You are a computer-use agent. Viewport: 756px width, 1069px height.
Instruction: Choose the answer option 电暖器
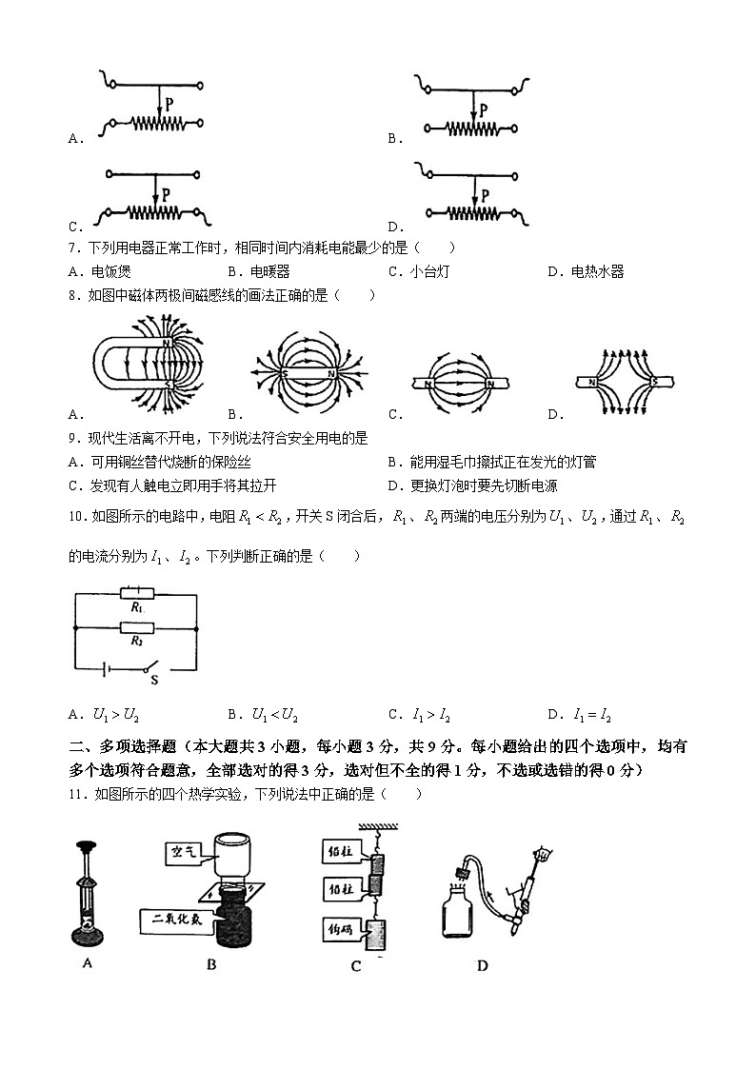click(269, 271)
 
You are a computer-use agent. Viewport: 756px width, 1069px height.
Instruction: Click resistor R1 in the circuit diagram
click(136, 595)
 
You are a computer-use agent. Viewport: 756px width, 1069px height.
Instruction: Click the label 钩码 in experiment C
click(340, 925)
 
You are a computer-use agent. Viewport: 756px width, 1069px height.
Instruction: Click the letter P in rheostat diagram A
click(169, 101)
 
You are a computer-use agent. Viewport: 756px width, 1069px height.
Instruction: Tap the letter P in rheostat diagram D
click(485, 195)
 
